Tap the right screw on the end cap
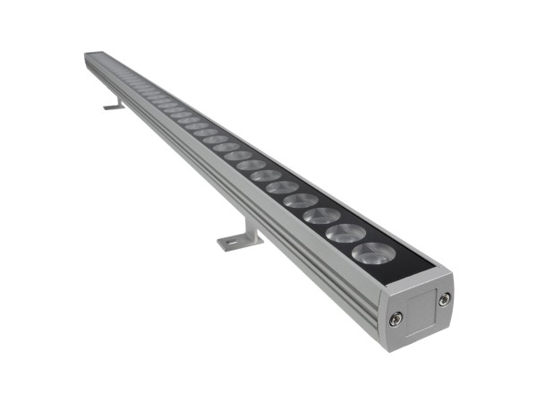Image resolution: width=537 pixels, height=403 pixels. (444, 299)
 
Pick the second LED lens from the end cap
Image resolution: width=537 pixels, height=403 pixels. (345, 233)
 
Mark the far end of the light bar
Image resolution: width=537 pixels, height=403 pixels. (90, 56)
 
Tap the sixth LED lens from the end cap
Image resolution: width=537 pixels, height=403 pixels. (266, 176)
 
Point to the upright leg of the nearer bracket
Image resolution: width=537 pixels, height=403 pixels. (249, 227)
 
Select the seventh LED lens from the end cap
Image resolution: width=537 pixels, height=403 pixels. (251, 165)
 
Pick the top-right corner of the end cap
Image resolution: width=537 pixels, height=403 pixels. (451, 272)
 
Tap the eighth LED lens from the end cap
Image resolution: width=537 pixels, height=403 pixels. (238, 155)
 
